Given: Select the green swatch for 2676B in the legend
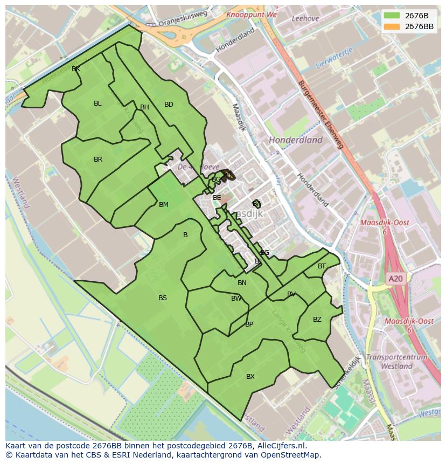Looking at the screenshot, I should (x=392, y=15).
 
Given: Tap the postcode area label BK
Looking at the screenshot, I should (x=76, y=69).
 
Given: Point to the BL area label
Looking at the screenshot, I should (x=97, y=103).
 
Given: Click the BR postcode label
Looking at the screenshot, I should (x=98, y=160).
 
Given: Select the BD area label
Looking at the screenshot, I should (x=169, y=105).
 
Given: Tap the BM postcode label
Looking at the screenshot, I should (x=164, y=205).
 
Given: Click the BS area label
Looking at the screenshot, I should (x=163, y=298).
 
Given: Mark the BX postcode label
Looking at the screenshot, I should (x=250, y=377).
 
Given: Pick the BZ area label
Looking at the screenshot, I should (x=317, y=320).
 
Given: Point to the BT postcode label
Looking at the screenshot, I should (x=322, y=266).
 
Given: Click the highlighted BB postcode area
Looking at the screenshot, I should (x=227, y=175).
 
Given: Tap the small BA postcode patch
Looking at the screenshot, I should (x=257, y=204).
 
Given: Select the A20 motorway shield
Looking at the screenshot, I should (x=395, y=279).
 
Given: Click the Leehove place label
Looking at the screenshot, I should (x=305, y=18).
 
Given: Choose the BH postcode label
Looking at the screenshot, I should (x=144, y=107).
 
